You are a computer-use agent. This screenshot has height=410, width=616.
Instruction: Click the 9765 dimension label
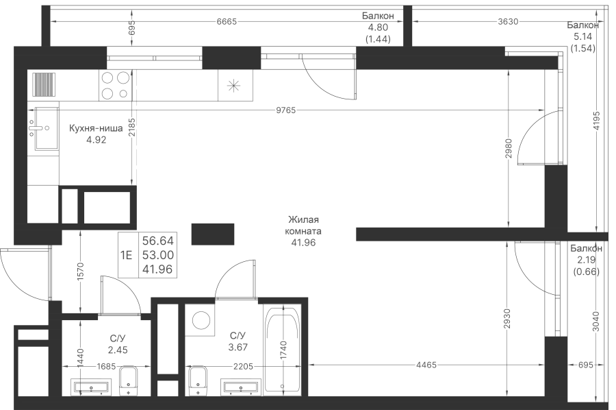pyautogui.click(x=285, y=110)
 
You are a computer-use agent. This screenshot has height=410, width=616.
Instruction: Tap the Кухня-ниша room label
pyautogui.click(x=96, y=128)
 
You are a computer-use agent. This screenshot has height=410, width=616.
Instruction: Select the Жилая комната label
pyautogui.click(x=303, y=225)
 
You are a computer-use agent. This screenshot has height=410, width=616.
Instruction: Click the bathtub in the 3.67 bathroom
pyautogui.click(x=283, y=350)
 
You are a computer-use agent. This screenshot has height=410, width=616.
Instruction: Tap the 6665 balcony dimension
pyautogui.click(x=227, y=22)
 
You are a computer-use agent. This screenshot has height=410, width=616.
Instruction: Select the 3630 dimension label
pyautogui.click(x=508, y=22)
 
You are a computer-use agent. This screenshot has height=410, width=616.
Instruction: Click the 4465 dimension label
pyautogui.click(x=426, y=365)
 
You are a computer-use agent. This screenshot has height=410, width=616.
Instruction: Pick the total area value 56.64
pyautogui.click(x=158, y=241)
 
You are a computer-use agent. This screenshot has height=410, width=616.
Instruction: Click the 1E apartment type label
pyautogui.click(x=127, y=255)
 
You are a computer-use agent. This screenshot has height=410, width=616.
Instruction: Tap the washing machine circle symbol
pyautogui.click(x=201, y=319)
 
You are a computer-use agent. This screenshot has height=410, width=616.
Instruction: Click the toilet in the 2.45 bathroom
pyautogui.click(x=128, y=381)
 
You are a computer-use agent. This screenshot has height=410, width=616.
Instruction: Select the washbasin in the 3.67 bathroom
pyautogui.click(x=241, y=386)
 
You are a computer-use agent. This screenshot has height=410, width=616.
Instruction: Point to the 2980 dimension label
pyautogui.click(x=509, y=148)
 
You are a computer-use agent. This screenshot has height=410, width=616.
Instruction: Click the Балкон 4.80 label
pyautogui.click(x=378, y=27)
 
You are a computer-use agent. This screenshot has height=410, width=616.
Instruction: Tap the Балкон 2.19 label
pyautogui.click(x=586, y=260)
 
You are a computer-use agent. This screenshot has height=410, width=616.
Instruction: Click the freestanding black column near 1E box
pyautogui.click(x=213, y=234)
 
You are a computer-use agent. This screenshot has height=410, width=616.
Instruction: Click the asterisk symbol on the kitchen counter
pyautogui.click(x=233, y=86)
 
